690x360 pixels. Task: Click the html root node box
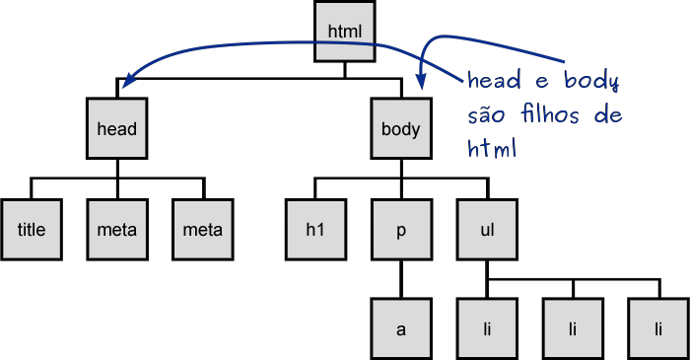[345, 32]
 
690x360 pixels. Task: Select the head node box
[116, 129]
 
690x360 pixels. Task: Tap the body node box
[400, 129]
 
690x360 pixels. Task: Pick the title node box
[32, 230]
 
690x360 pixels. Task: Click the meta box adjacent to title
[116, 230]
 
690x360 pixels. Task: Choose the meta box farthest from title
[202, 230]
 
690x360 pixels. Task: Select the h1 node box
[314, 230]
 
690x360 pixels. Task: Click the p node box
[400, 230]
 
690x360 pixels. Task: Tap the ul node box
[486, 230]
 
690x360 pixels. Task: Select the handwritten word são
[487, 116]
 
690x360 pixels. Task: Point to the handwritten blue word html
[493, 150]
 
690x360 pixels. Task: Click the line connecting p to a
[400, 281]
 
